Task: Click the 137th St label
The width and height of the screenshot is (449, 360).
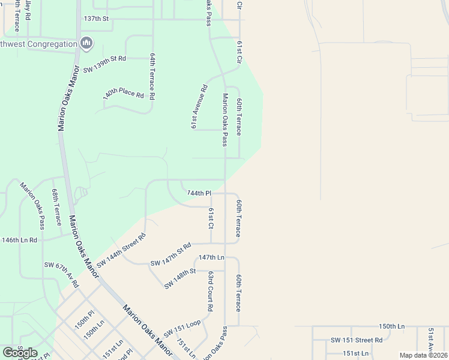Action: click(x=96, y=19)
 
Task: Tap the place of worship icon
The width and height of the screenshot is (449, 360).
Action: click(x=86, y=43)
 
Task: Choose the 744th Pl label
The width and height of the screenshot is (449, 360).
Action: click(x=199, y=193)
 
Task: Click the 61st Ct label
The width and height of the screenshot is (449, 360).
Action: click(x=211, y=218)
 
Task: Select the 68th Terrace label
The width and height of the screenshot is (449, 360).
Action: click(x=56, y=206)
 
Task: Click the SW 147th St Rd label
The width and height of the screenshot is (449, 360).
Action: click(x=170, y=255)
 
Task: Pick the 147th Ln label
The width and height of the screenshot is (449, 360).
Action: click(x=211, y=257)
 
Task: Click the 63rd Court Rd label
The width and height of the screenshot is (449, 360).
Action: click(x=211, y=290)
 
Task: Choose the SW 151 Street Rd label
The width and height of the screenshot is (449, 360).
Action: click(x=357, y=340)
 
